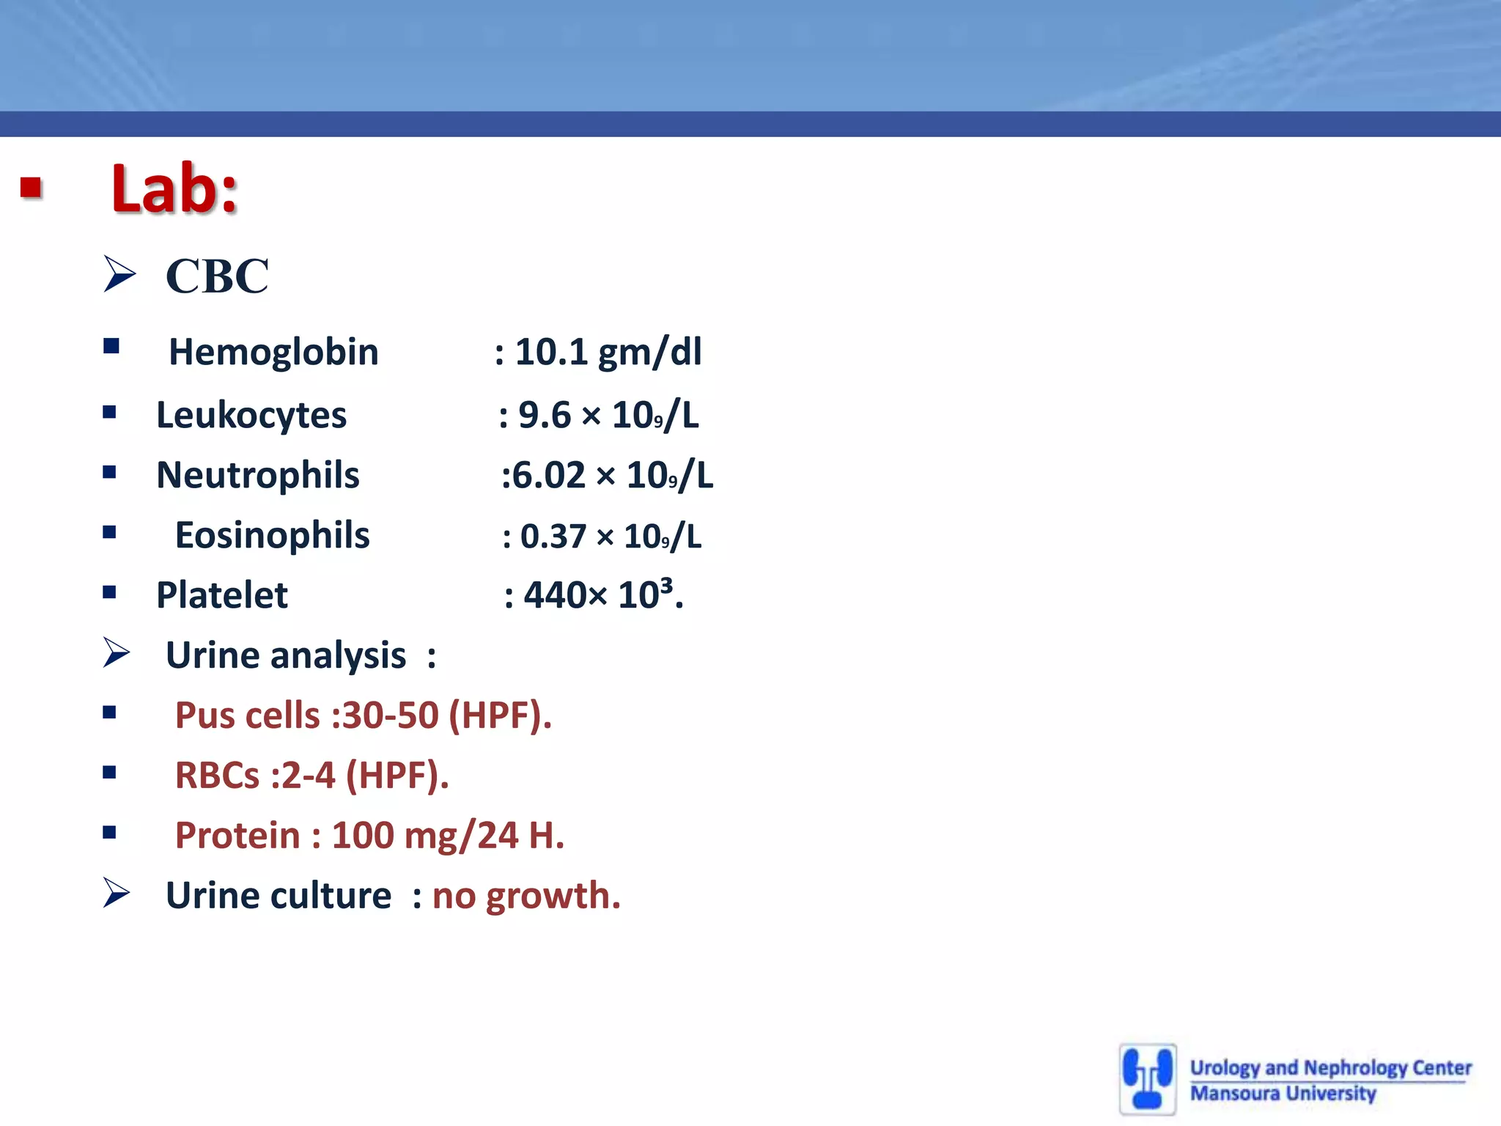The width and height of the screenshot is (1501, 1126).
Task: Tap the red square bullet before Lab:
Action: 31,188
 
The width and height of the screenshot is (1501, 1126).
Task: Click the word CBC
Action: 217,276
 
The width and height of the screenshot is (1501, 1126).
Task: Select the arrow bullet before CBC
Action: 119,273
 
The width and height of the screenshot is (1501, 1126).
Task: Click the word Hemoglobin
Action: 273,352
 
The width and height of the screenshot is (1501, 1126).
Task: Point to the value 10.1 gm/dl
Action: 608,352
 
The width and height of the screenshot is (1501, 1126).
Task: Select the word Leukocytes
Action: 251,415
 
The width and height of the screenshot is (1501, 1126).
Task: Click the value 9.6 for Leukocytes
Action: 544,415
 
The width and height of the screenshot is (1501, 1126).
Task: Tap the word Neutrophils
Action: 258,475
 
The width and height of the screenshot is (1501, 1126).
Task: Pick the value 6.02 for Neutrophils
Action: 548,475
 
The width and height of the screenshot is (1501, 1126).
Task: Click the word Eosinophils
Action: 272,535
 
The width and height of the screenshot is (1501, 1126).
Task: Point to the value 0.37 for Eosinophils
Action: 553,537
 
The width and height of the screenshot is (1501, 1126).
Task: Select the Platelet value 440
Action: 555,595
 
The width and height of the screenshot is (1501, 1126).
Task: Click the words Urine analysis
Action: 286,655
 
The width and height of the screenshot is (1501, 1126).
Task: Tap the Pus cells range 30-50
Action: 390,715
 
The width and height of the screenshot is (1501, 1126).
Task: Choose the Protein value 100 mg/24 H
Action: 447,836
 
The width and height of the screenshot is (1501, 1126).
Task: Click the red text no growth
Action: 525,896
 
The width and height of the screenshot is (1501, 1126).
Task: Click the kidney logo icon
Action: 1148,1079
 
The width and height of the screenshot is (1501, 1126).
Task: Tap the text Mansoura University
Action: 1283,1094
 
